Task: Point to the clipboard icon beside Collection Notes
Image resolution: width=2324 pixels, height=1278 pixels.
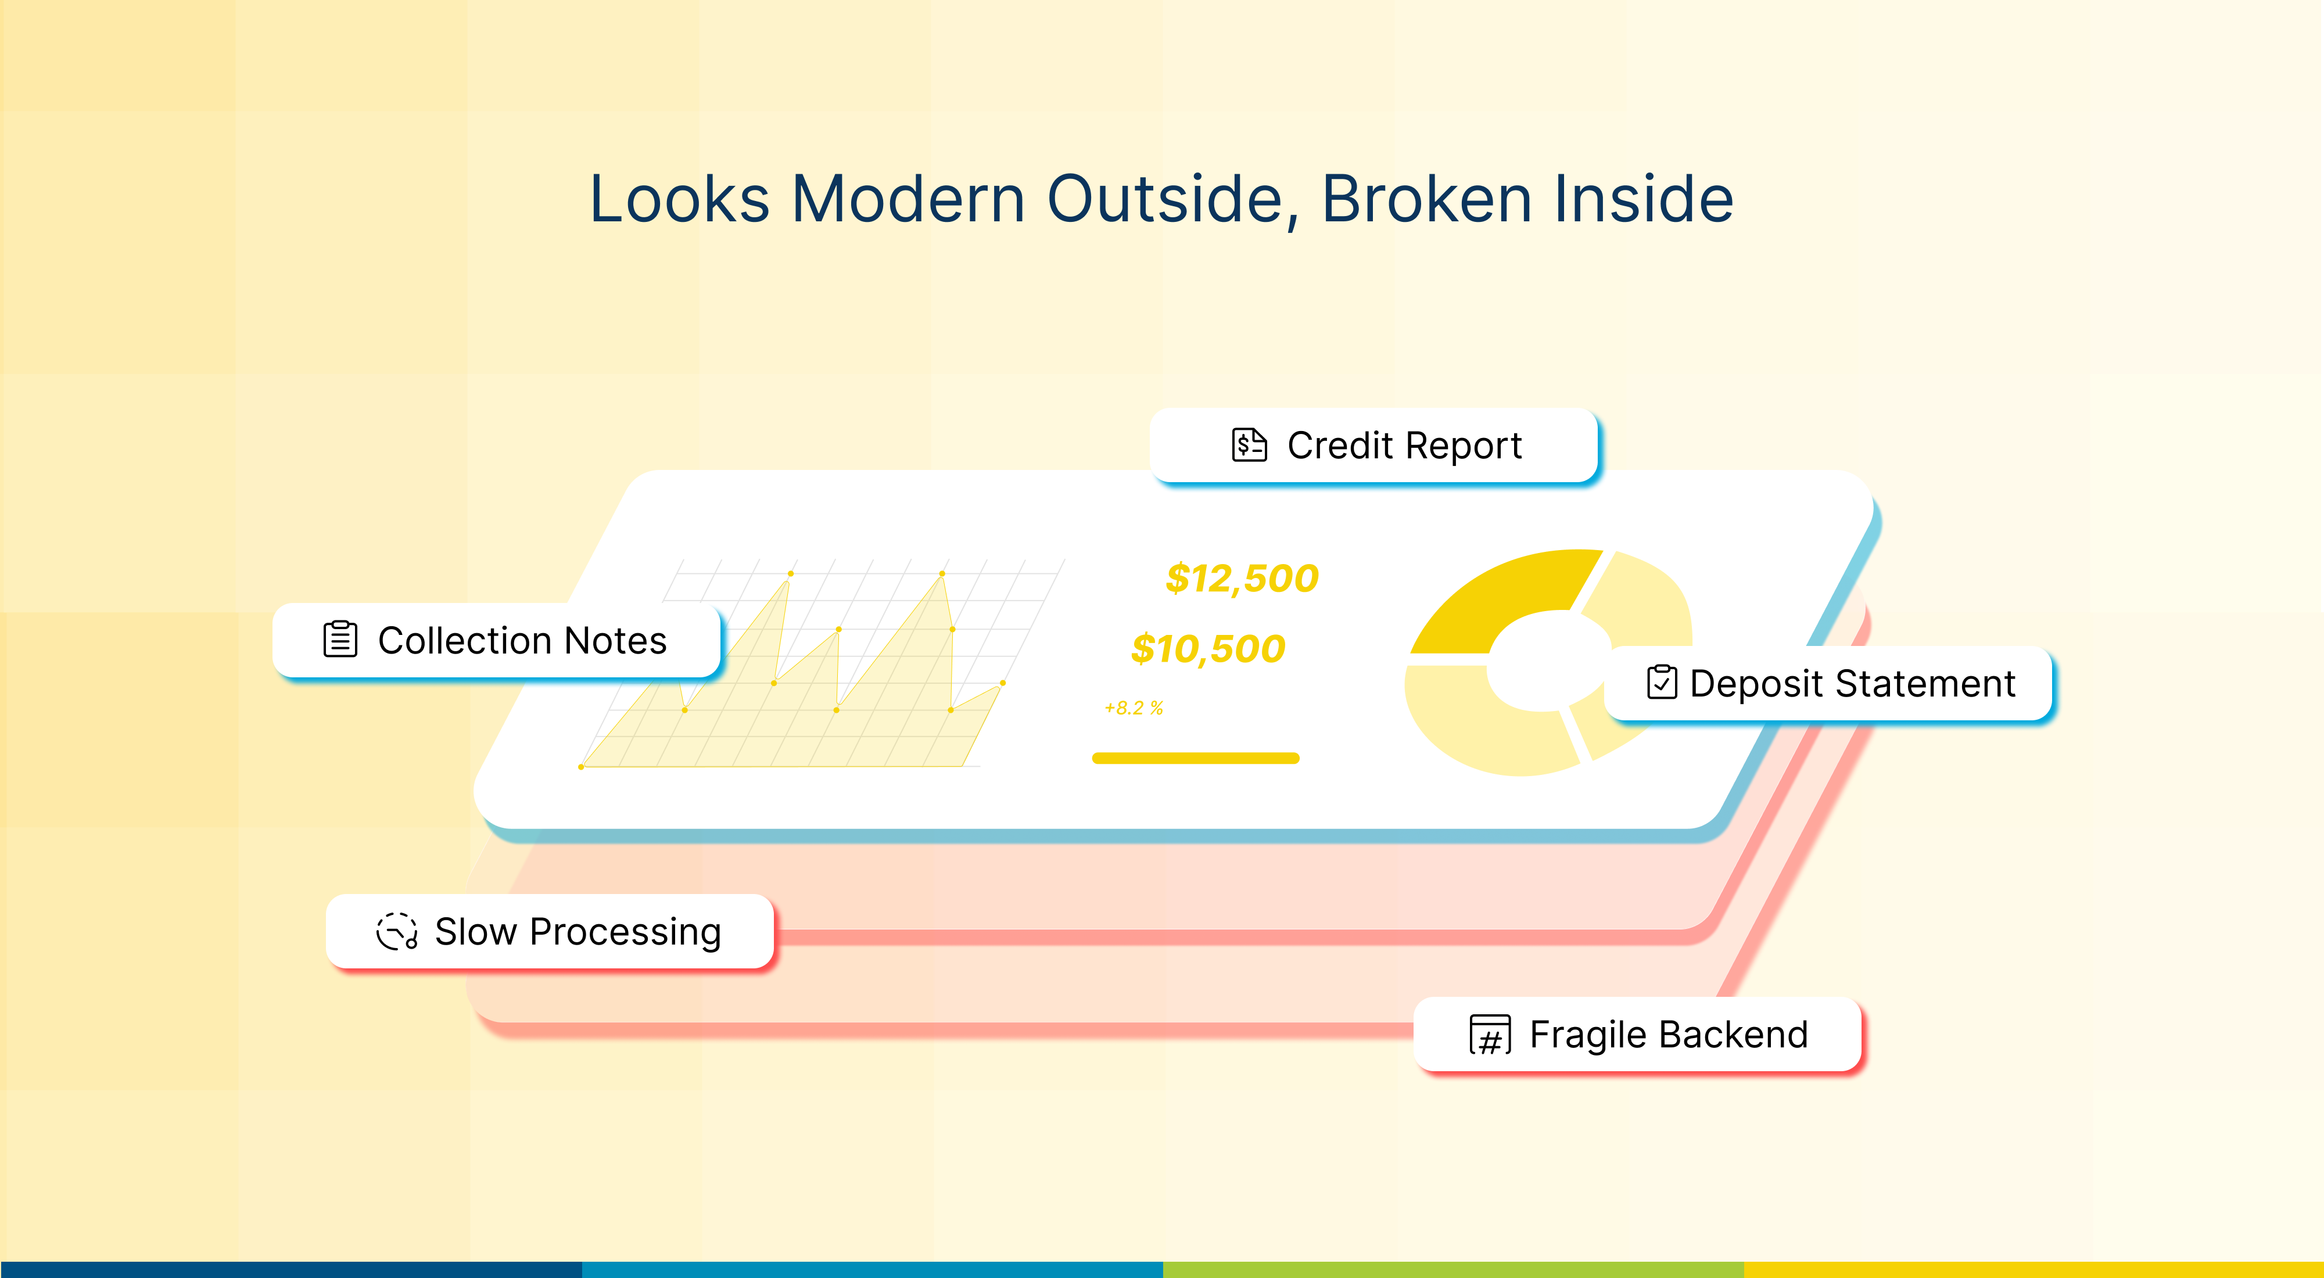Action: coord(340,640)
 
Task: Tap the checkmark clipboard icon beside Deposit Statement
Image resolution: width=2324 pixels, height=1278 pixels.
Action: coord(1661,683)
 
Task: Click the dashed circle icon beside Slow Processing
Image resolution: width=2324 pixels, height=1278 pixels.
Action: coord(397,932)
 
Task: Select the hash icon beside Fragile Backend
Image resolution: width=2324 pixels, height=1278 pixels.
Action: coord(1490,1035)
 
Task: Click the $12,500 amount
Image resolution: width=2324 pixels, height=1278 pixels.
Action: coord(1242,578)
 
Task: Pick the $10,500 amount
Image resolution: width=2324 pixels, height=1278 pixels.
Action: coord(1208,648)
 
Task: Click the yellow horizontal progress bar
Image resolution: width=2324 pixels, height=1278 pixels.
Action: coord(1195,759)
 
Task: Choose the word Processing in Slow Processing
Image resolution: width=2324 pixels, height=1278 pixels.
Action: coord(625,932)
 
